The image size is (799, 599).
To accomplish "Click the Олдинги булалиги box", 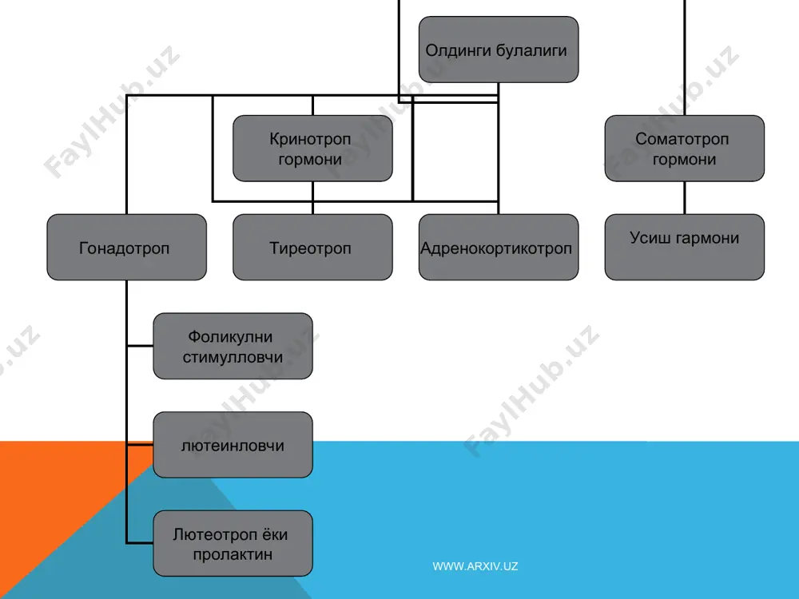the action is click(499, 50).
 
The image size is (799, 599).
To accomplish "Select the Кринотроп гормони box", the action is click(312, 149).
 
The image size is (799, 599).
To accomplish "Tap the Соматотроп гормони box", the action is click(685, 149).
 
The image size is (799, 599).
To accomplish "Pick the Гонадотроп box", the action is click(126, 247).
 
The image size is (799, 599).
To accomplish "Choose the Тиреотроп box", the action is click(312, 247).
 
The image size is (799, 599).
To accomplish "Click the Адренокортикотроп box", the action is click(499, 247).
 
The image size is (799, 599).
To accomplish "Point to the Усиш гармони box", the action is click(685, 247).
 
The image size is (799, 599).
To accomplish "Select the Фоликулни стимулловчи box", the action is click(233, 346).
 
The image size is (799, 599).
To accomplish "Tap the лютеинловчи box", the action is click(233, 445).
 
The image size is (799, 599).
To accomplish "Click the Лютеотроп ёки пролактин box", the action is click(233, 543).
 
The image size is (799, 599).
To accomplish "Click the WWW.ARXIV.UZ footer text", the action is click(475, 566).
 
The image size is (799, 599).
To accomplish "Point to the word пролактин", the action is click(233, 554).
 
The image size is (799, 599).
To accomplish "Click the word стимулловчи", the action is click(233, 357).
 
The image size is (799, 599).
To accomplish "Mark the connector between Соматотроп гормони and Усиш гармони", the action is click(685, 197).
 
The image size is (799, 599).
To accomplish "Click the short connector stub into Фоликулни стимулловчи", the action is click(140, 346).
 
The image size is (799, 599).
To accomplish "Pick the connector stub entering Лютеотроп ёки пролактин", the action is click(140, 543).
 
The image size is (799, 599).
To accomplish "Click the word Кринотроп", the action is click(310, 139).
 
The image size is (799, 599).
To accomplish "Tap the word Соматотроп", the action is click(682, 139).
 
